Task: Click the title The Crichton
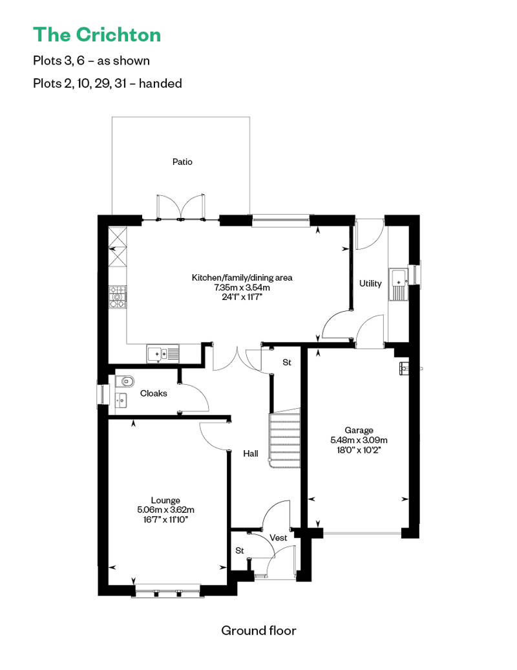(x=97, y=35)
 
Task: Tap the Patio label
(x=182, y=162)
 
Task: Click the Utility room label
(x=370, y=284)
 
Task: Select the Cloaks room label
(x=153, y=393)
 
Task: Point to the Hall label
(x=251, y=453)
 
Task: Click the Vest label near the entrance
(x=279, y=537)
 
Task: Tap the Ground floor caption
(x=258, y=631)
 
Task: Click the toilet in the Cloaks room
(x=125, y=380)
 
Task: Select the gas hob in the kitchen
(x=118, y=297)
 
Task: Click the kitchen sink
(x=163, y=354)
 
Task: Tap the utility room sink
(x=398, y=285)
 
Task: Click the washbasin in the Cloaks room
(x=121, y=400)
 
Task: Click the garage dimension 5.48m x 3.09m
(x=359, y=440)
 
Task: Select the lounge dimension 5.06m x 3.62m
(x=165, y=510)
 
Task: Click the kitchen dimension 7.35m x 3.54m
(x=242, y=288)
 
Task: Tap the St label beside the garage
(x=287, y=362)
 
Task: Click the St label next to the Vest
(x=240, y=550)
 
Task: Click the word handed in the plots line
(x=160, y=83)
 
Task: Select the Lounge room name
(x=165, y=500)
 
